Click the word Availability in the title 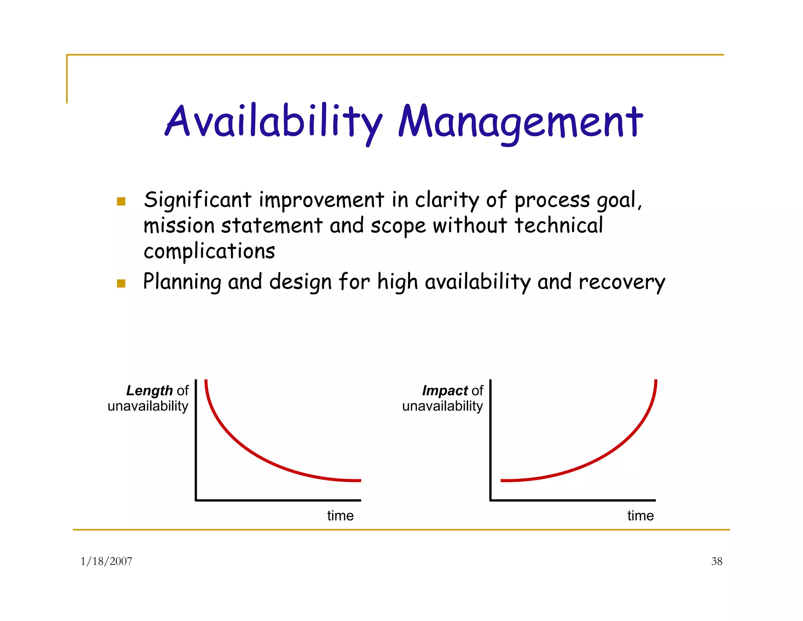[273, 122]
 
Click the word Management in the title [520, 122]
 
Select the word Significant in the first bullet [197, 200]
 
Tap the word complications [209, 251]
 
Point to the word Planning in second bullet [182, 282]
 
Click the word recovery [621, 282]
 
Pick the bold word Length [149, 391]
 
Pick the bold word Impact [444, 391]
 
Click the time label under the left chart [340, 515]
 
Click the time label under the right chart [640, 515]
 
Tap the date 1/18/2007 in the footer [106, 561]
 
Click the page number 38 [716, 561]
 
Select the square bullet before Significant [121, 201]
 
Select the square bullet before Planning [121, 283]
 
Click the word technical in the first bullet [558, 226]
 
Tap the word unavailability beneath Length [148, 406]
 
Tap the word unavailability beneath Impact [442, 406]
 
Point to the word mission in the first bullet [179, 226]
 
